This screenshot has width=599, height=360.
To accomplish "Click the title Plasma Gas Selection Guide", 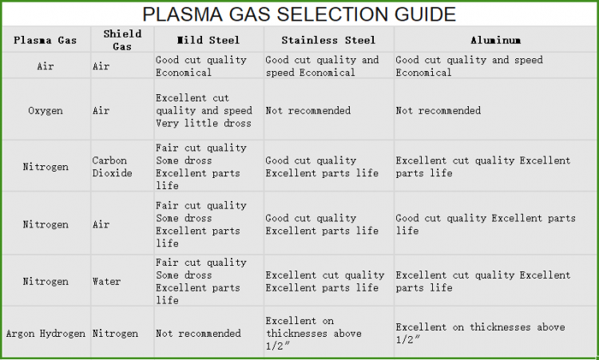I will click(299, 14).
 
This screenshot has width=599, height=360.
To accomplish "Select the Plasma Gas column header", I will click(45, 40).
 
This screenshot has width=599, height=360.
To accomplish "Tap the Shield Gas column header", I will click(122, 39).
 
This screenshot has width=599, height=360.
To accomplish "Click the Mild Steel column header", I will click(208, 40).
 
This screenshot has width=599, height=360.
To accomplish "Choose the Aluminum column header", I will click(496, 40).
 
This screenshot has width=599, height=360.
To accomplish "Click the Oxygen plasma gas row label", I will click(45, 111).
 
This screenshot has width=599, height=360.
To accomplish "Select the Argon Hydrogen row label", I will click(46, 333).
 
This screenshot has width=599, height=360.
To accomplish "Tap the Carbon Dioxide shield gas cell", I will click(113, 167).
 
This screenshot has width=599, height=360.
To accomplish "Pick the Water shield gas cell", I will click(107, 282).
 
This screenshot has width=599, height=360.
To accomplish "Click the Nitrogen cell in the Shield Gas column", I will click(115, 333).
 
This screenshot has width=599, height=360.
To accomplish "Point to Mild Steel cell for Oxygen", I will click(204, 111).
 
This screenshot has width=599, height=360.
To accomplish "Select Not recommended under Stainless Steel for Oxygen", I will click(308, 111).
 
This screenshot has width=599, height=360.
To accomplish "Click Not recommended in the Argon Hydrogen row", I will click(199, 333).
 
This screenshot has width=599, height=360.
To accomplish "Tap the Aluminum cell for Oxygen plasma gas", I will click(438, 111).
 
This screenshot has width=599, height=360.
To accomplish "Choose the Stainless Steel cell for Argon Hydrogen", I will click(313, 333).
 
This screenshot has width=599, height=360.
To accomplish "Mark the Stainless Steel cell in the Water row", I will click(324, 282).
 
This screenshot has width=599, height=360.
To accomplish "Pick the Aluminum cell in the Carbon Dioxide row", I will click(483, 167).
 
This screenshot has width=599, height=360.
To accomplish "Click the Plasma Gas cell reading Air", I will click(45, 66).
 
